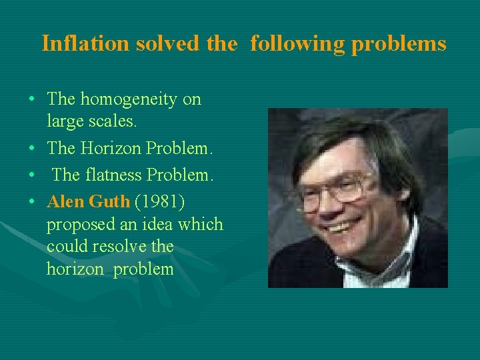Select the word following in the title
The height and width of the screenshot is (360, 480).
tap(297, 43)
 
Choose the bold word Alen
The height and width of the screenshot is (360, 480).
tap(66, 201)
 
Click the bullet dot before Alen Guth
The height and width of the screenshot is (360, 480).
tap(32, 201)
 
